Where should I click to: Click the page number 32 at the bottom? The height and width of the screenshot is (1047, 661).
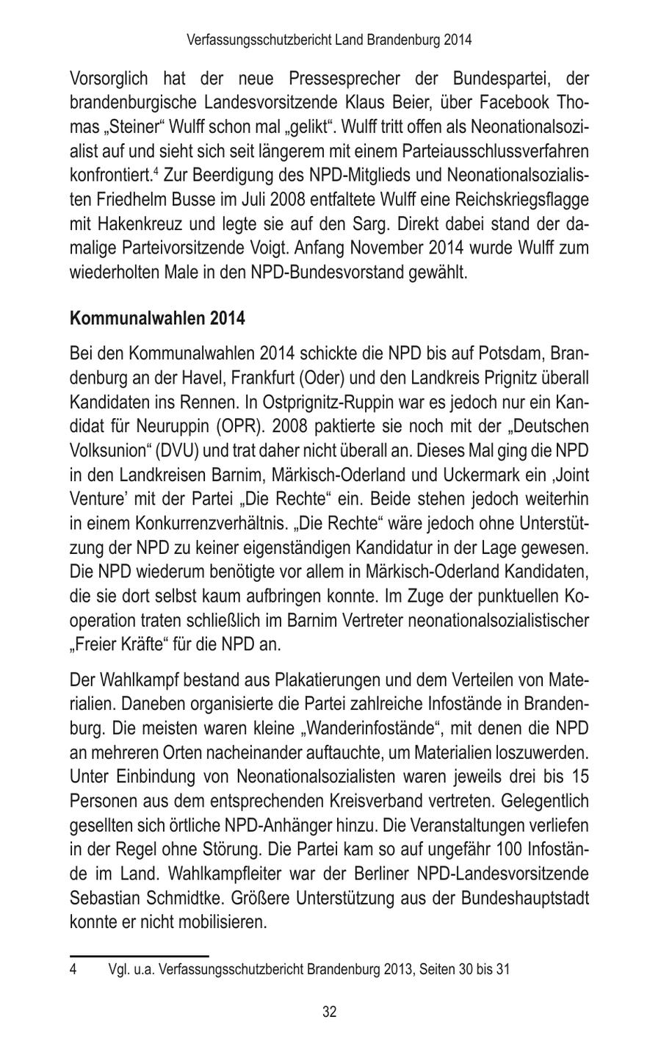click(x=330, y=1012)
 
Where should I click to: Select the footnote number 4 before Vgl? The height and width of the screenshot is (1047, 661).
click(x=73, y=969)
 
